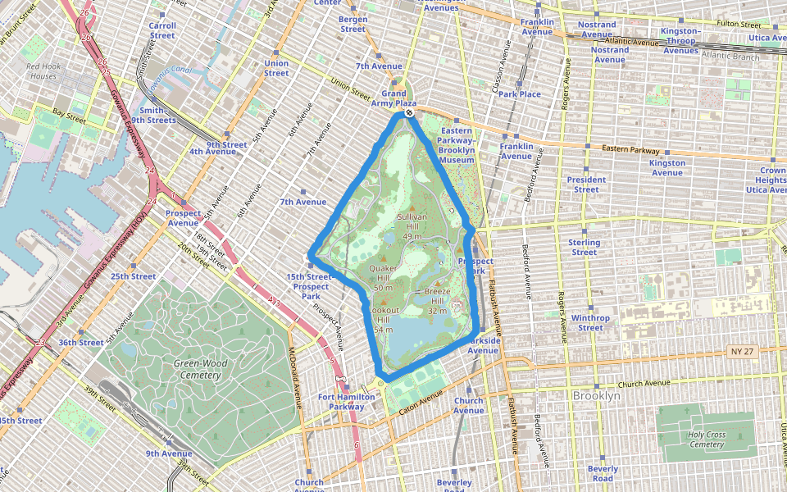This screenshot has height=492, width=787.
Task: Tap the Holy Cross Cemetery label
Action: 707,440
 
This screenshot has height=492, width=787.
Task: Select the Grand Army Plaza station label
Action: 399,98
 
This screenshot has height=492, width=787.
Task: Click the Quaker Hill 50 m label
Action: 383,278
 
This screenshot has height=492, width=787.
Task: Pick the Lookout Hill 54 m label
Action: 384,319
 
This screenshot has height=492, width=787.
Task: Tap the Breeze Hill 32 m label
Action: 437,301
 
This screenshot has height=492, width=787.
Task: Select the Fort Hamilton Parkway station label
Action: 346,401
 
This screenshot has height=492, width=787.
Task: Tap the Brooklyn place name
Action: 596,395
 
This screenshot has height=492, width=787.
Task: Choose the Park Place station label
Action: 520,93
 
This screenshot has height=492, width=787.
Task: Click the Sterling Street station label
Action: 585,247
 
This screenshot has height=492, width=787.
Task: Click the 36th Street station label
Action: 80,343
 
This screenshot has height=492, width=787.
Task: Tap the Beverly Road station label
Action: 603,473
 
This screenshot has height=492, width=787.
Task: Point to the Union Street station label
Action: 276,68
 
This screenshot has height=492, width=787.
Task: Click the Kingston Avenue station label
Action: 667,167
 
